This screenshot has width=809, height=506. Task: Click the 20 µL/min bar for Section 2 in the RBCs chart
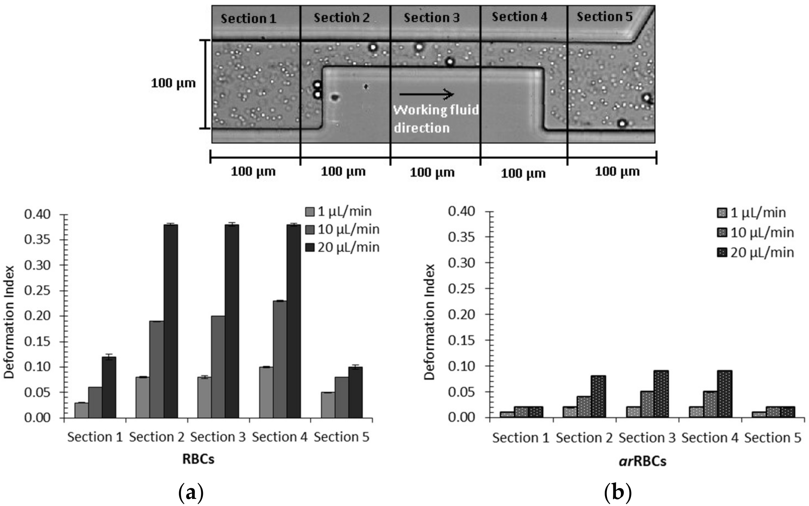coord(171,321)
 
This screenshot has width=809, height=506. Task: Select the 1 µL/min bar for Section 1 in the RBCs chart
coord(81,410)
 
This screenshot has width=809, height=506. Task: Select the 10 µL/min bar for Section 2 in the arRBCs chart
coord(584,407)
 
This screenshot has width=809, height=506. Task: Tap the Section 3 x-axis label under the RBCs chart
coord(218,437)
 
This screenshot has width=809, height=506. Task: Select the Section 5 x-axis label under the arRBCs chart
coord(773,438)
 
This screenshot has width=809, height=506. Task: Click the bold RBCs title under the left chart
coord(198,459)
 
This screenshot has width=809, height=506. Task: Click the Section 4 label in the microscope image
coord(519,17)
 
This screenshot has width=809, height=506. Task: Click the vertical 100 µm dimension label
coord(173,83)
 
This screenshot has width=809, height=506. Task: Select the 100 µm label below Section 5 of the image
coord(617,172)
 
